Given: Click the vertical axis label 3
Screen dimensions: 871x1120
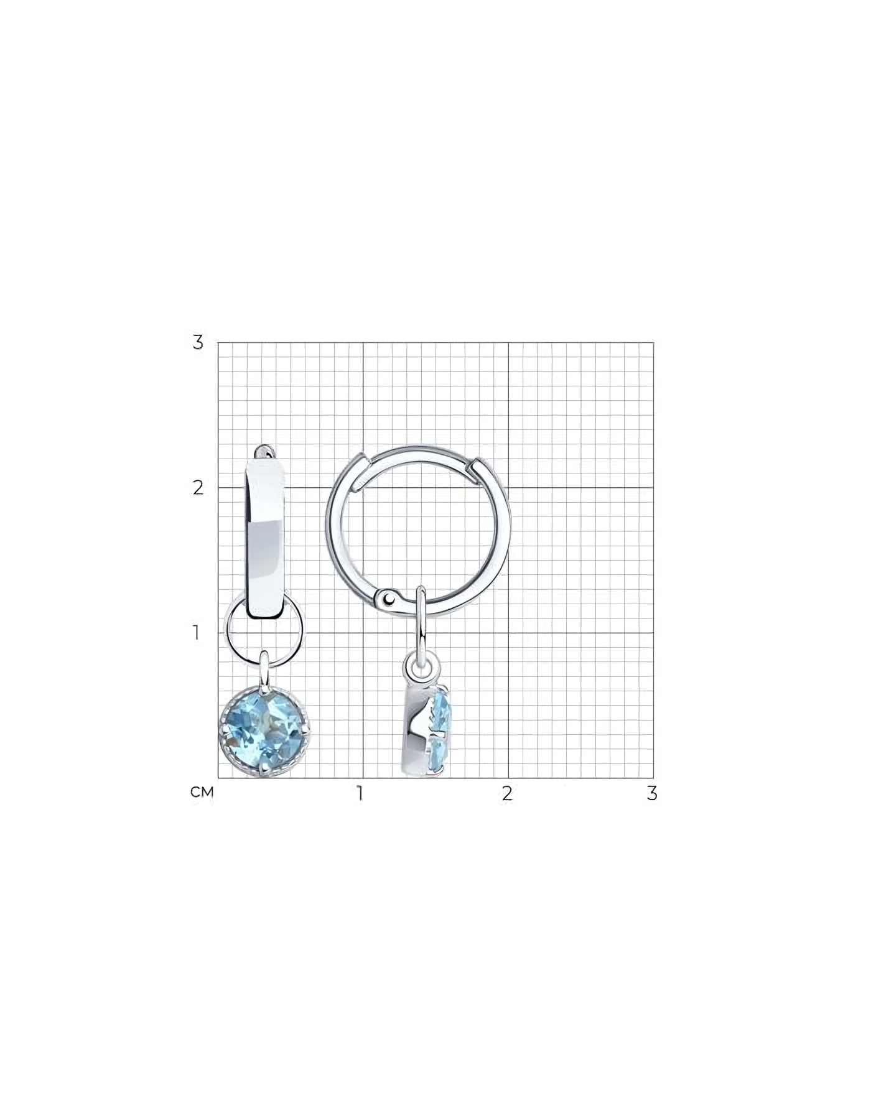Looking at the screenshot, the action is point(198,342).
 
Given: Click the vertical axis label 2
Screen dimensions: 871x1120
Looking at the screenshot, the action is point(198,487).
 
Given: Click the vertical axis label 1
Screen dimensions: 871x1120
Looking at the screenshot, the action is point(197,633).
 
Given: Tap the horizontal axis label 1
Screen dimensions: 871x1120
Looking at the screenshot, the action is point(360,793).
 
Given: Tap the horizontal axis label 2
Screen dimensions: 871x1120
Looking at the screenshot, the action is point(508,793).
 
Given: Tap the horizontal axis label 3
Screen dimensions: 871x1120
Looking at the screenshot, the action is point(651,793).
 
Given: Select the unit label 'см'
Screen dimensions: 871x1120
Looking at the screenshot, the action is point(202,792).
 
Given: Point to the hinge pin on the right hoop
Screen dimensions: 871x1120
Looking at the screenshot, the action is point(389,599).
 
